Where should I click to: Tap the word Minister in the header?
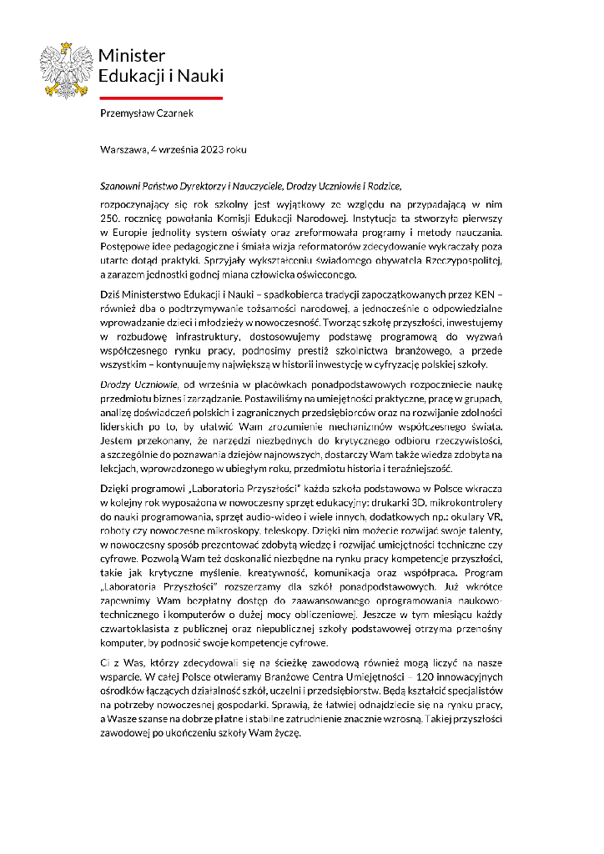(x=132, y=56)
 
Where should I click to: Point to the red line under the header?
(x=161, y=98)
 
